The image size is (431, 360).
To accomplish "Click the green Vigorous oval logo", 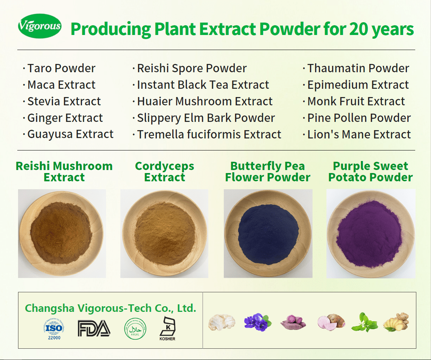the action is [x=39, y=26].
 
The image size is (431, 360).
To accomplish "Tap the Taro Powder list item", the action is [x=61, y=68].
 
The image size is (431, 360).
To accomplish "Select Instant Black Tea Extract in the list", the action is [x=203, y=85].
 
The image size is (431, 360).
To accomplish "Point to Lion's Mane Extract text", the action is [x=359, y=135].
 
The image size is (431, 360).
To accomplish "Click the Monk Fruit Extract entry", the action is [x=356, y=101].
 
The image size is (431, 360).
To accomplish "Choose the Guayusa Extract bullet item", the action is [x=70, y=134].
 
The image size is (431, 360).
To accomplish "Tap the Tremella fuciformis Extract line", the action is [x=209, y=135].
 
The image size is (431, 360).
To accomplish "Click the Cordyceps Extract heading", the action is [x=164, y=172].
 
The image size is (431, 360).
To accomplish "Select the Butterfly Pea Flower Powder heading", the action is [x=268, y=172].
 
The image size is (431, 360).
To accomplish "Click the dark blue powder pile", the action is [x=268, y=235].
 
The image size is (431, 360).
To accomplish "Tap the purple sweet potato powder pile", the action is [x=369, y=234].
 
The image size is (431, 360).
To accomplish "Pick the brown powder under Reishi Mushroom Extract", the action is [x=61, y=233].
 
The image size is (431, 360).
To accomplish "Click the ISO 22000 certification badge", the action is [x=54, y=329].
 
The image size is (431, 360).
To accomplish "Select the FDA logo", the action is [x=94, y=328].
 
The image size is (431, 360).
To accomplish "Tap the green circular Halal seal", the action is [x=135, y=329].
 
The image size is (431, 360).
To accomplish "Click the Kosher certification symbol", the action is [x=167, y=328].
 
